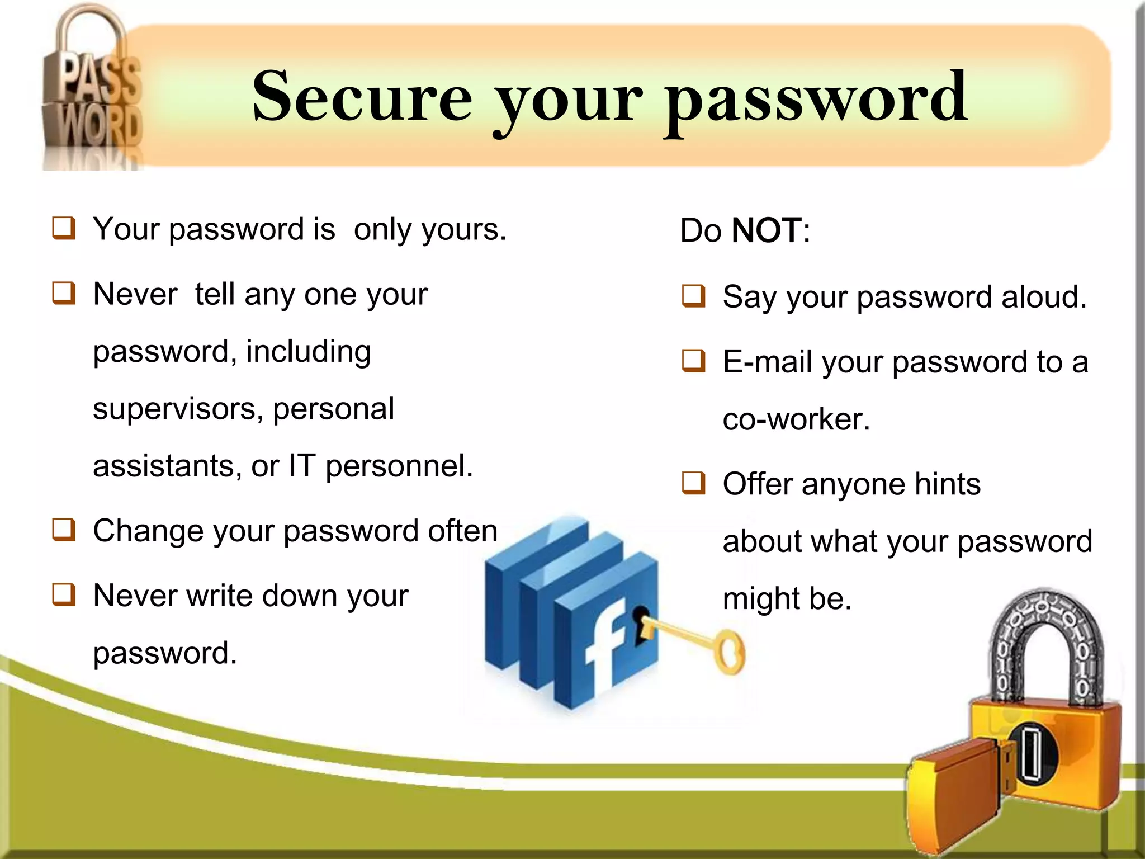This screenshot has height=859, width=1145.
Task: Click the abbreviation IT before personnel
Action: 302,466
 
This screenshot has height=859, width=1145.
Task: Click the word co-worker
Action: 796,419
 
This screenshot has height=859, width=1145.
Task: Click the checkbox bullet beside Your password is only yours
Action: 64,228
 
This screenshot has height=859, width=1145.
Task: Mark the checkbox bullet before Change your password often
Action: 64,530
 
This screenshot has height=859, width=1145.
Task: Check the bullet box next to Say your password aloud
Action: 693,296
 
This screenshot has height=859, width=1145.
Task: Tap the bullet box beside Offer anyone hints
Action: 693,483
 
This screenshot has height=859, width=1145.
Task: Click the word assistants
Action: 163,466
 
